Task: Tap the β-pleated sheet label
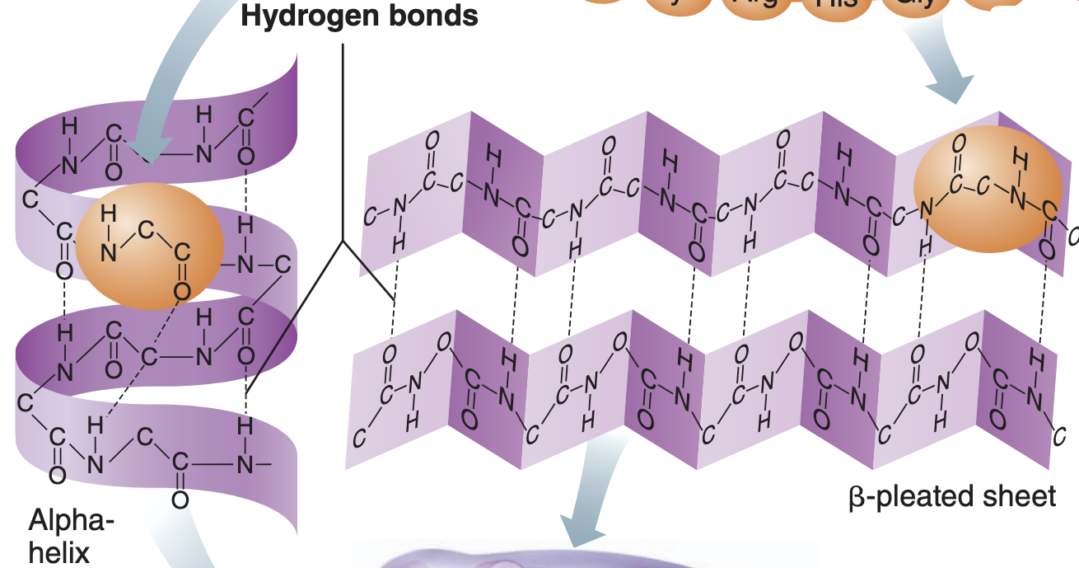(x=951, y=496)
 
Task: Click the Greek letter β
(x=857, y=497)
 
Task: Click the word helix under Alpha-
(x=58, y=552)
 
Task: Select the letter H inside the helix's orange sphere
(x=108, y=216)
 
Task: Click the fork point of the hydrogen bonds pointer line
(x=343, y=242)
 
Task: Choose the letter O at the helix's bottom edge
(x=180, y=500)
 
